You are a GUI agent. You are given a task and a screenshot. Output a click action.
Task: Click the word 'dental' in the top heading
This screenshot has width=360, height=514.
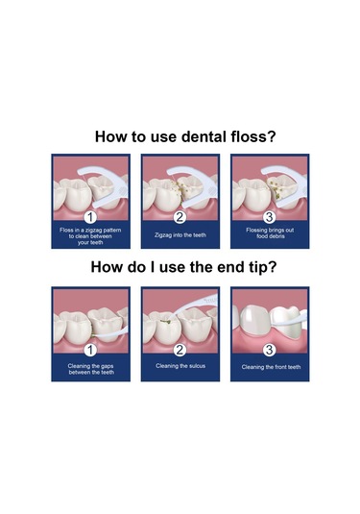204,136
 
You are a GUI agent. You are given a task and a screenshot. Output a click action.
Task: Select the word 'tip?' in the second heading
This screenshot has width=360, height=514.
263,267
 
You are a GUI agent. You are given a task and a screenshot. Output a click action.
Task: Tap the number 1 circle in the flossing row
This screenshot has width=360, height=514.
90,217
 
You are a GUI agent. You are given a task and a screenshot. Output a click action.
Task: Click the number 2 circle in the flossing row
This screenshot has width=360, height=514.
180,217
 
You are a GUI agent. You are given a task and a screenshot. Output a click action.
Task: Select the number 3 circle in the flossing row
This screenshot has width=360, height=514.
269,217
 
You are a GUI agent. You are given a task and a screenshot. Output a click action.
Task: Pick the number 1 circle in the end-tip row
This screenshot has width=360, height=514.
90,350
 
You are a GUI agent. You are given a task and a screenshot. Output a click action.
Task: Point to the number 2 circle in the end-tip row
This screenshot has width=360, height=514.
180,350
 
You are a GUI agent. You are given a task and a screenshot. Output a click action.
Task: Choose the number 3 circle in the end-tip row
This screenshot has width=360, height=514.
269,350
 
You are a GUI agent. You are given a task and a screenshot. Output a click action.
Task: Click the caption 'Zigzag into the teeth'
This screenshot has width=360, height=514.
180,235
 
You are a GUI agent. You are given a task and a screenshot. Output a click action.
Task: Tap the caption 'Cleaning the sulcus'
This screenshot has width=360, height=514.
180,366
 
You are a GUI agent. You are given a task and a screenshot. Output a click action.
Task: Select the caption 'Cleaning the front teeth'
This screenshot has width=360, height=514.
271,367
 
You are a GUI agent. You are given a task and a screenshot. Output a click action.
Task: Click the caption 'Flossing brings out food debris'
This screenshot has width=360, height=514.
270,233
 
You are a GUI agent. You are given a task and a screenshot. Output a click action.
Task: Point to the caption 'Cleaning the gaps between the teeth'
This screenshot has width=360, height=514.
91,369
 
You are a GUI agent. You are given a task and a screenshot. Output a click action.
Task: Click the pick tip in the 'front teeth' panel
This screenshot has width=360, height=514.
297,320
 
